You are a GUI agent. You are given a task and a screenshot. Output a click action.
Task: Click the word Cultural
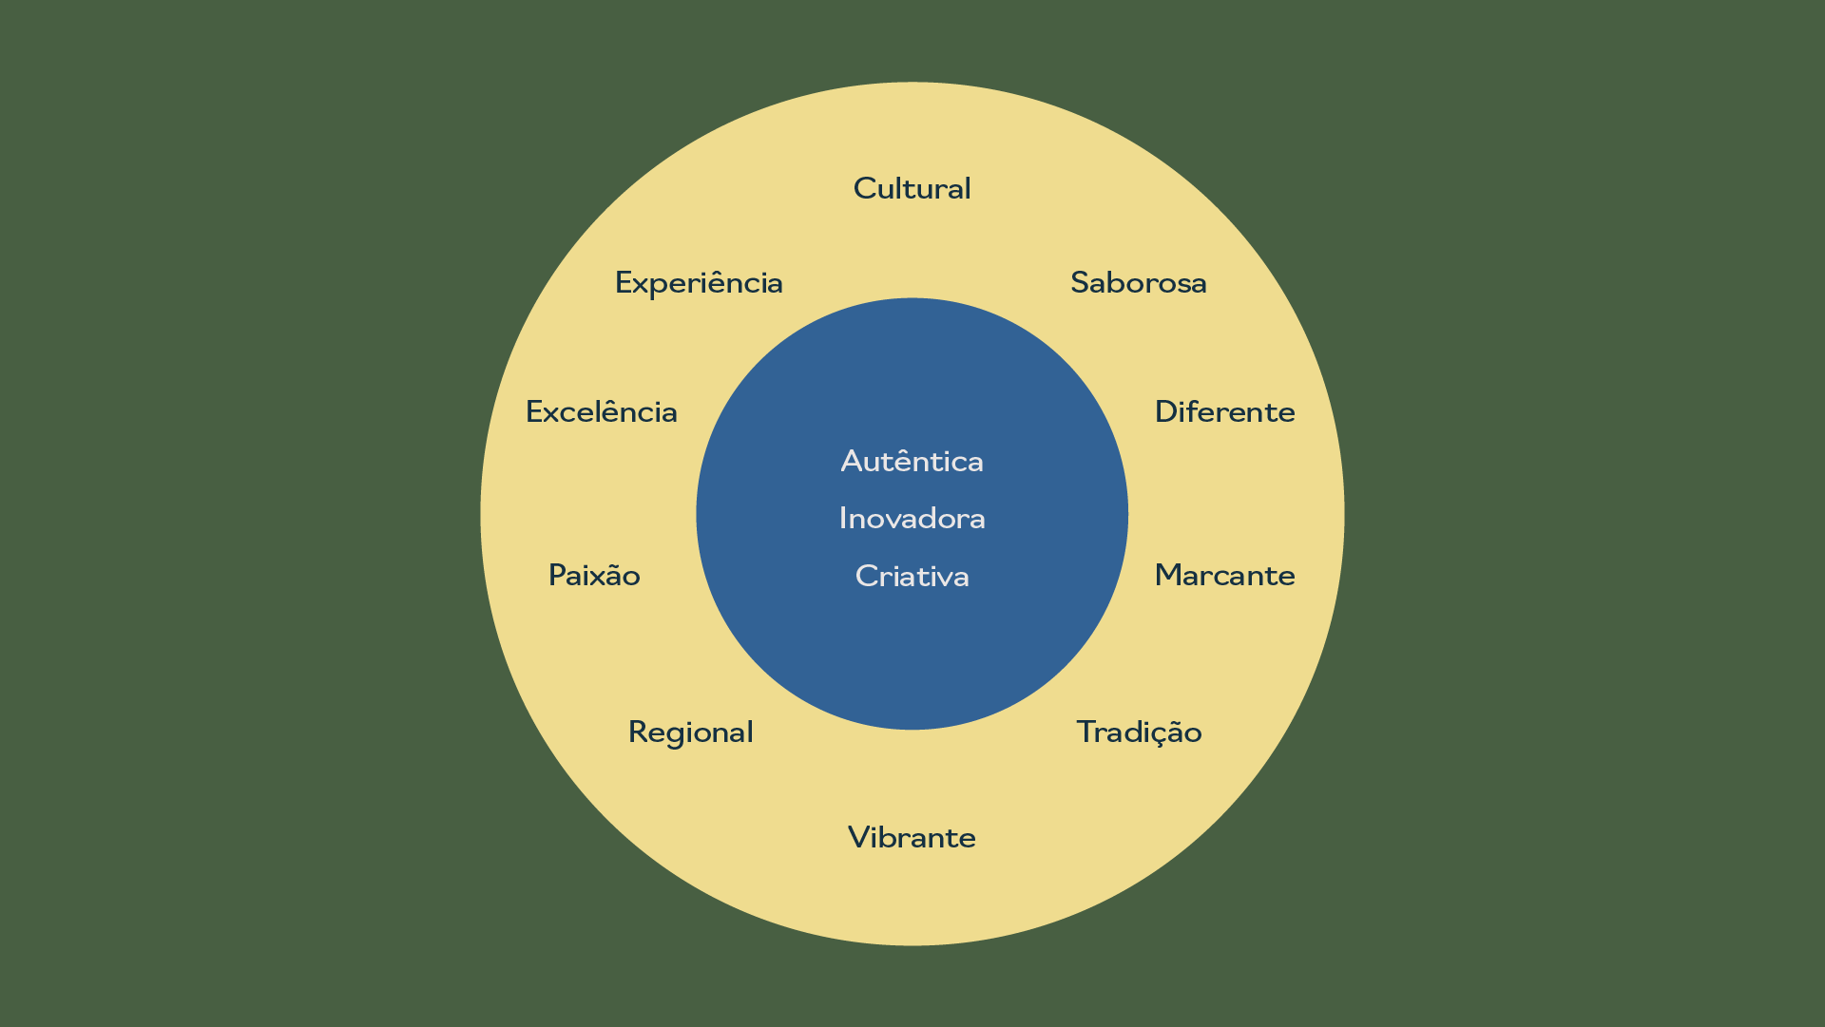(x=912, y=188)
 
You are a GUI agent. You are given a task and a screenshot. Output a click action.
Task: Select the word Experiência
(x=699, y=283)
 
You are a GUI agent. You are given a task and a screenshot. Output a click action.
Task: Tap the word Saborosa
(x=1138, y=283)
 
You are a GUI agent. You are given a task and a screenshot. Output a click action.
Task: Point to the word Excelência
(x=601, y=412)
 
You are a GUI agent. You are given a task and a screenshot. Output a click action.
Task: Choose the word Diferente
(x=1224, y=412)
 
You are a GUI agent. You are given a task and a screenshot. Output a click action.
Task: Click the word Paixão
(x=594, y=576)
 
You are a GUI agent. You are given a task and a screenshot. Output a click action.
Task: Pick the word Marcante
(x=1224, y=576)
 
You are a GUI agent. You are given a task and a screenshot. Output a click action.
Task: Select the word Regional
(x=690, y=732)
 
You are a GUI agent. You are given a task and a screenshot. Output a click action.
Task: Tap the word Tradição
(x=1139, y=732)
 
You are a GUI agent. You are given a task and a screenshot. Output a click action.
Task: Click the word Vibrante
(x=912, y=838)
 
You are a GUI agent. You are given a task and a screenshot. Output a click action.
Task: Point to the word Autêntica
(x=912, y=462)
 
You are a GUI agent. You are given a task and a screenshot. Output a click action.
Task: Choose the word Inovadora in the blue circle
(x=912, y=519)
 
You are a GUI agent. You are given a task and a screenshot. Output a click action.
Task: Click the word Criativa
(x=912, y=577)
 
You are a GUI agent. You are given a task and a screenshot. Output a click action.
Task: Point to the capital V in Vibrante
(x=857, y=838)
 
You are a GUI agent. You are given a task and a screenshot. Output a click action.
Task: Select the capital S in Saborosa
(x=1080, y=283)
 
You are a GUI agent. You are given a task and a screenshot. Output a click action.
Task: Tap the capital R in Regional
(x=638, y=732)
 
